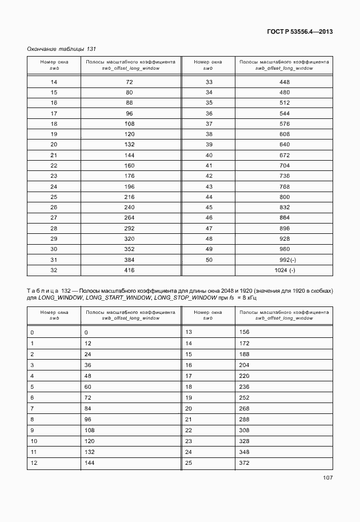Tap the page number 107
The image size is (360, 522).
point(327,477)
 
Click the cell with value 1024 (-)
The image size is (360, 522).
point(284,270)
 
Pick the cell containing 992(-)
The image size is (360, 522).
point(284,259)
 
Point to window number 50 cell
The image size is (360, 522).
point(209,259)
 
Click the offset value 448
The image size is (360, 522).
point(284,82)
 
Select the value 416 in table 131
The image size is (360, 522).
point(129,270)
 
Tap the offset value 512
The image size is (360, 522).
point(284,103)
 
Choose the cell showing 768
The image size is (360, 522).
point(284,186)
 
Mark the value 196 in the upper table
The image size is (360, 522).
point(129,186)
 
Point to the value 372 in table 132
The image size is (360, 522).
point(245,463)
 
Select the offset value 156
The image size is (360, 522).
point(245,332)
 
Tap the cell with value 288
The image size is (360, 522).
point(245,419)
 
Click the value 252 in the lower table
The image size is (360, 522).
point(245,397)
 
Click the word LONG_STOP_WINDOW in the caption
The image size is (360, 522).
point(185,298)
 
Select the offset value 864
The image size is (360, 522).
point(284,218)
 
